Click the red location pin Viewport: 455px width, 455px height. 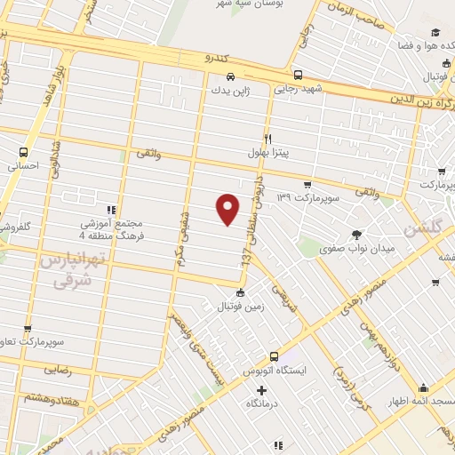(229, 210)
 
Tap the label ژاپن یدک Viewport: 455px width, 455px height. (230, 90)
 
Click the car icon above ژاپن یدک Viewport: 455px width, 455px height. (230, 76)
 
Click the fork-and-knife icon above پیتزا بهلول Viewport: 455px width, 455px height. (267, 138)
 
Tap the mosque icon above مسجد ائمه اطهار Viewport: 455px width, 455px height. (424, 388)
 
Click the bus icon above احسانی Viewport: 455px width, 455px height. (24, 152)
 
